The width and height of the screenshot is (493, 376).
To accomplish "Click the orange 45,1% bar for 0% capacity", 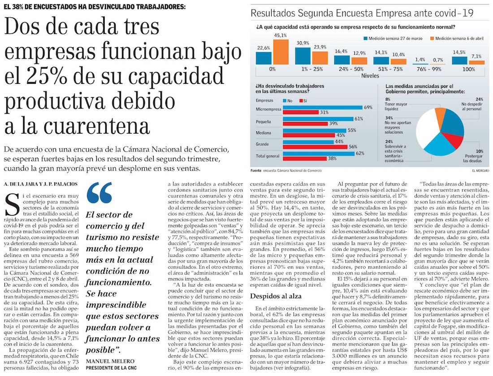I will click(x=281, y=52).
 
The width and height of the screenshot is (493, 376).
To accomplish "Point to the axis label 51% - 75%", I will click(x=381, y=70).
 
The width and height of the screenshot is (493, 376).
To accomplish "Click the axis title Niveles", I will click(x=370, y=76).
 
